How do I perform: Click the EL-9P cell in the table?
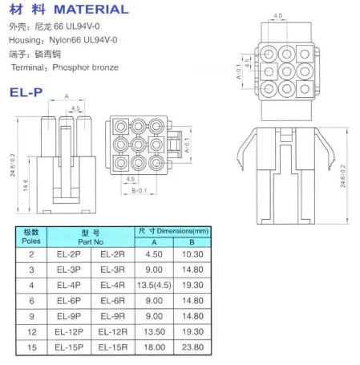pos(69,316)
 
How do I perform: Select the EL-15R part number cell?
pos(113,347)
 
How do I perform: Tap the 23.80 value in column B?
pos(192,347)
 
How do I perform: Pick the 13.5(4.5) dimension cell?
pos(154,285)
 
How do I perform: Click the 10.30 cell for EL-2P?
pos(192,254)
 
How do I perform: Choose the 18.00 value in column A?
pos(155,347)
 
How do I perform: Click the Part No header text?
pos(91,242)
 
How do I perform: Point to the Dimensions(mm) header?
pos(183,231)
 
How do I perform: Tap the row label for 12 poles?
pos(32,332)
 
